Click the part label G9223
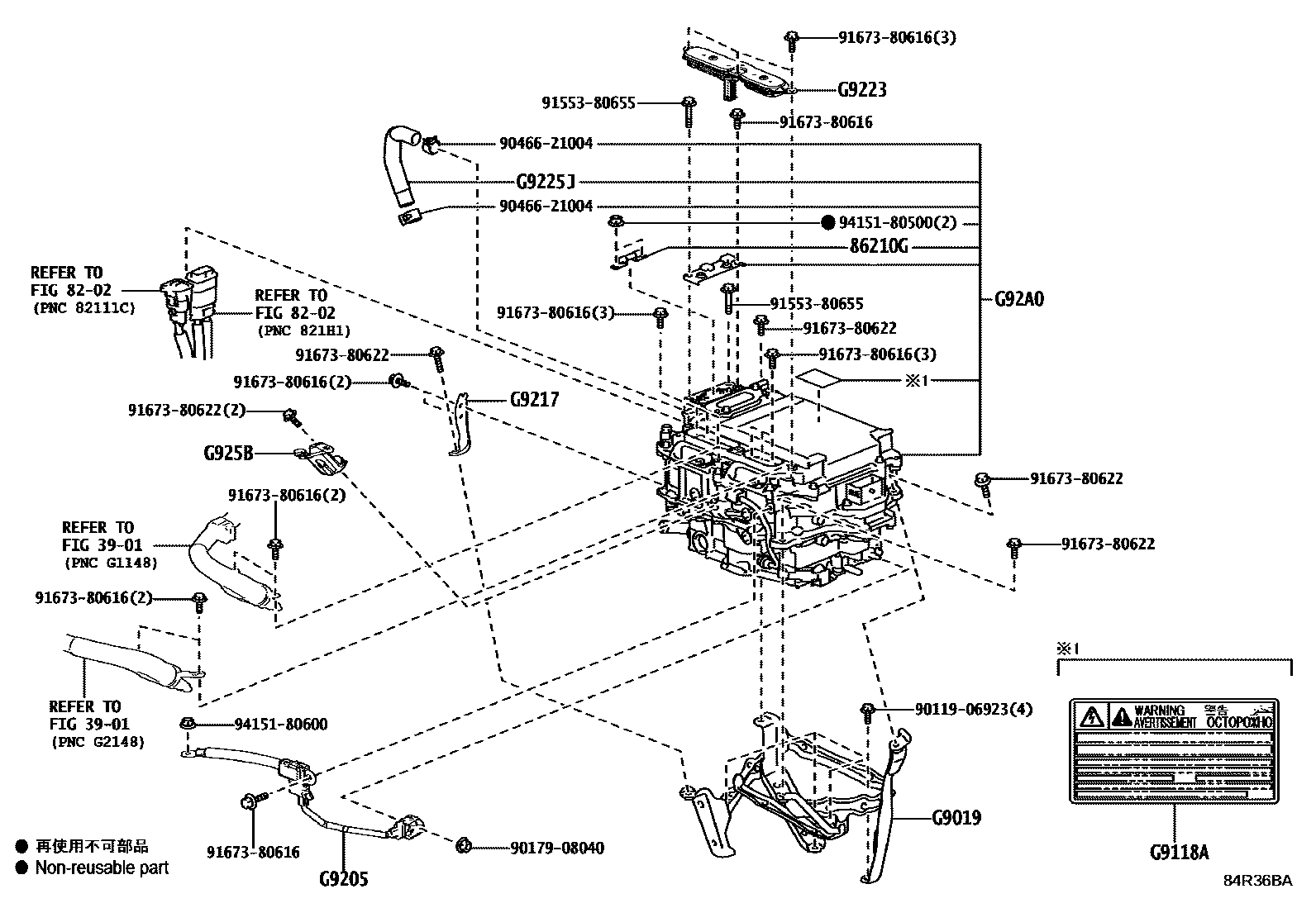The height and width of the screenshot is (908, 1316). [861, 89]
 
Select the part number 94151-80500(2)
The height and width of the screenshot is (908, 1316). [897, 223]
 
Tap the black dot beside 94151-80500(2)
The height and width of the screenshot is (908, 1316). [827, 223]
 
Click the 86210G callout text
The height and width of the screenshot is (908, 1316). [880, 246]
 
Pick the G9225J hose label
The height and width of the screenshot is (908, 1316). [546, 182]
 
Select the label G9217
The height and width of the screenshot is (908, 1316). [534, 400]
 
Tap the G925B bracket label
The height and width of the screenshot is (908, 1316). [228, 453]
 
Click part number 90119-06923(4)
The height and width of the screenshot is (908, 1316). [974, 709]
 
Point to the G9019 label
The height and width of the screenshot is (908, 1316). [956, 818]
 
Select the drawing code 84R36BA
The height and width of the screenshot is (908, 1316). [1257, 881]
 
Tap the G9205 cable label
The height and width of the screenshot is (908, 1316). [343, 879]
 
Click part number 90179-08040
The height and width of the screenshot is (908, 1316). [556, 848]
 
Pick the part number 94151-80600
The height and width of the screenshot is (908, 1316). [281, 725]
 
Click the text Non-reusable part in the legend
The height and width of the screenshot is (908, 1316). [102, 868]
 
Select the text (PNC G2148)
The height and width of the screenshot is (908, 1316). [97, 742]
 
